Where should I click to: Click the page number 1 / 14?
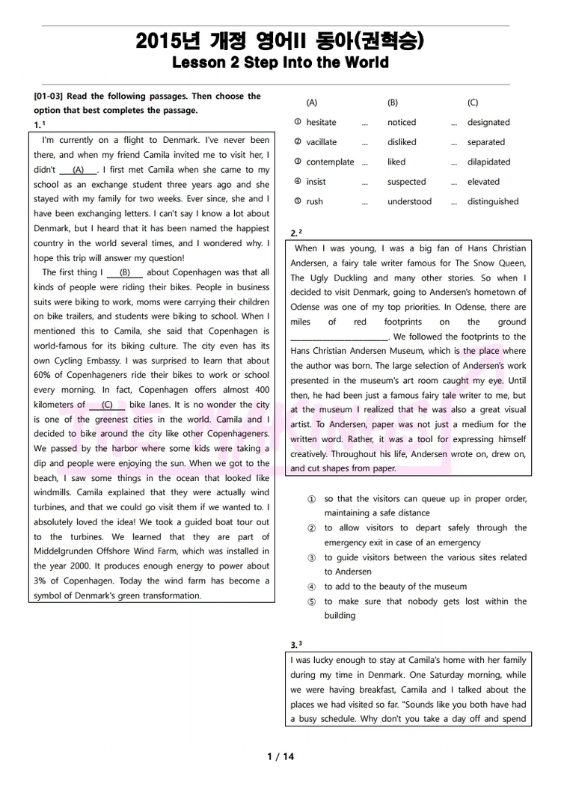pyautogui.click(x=280, y=756)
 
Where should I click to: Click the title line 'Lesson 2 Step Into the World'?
pyautogui.click(x=280, y=63)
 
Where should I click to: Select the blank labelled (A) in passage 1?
pyautogui.click(x=79, y=170)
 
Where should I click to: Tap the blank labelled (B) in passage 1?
pyautogui.click(x=124, y=273)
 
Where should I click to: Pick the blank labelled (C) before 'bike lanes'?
pyautogui.click(x=107, y=405)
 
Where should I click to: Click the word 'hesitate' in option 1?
pyautogui.click(x=321, y=123)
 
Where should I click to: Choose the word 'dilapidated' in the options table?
pyautogui.click(x=488, y=162)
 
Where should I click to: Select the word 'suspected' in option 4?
pyautogui.click(x=406, y=182)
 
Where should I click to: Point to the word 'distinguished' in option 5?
pyautogui.click(x=493, y=201)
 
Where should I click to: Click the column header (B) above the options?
pyautogui.click(x=393, y=102)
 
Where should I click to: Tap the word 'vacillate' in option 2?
pyautogui.click(x=321, y=142)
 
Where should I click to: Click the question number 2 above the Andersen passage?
pyautogui.click(x=294, y=234)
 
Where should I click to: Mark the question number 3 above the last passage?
pyautogui.click(x=294, y=645)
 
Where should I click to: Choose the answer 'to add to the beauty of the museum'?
pyautogui.click(x=395, y=587)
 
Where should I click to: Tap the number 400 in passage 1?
pyautogui.click(x=262, y=390)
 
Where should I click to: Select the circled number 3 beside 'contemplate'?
pyautogui.click(x=298, y=162)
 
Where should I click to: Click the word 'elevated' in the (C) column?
pyautogui.click(x=483, y=182)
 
